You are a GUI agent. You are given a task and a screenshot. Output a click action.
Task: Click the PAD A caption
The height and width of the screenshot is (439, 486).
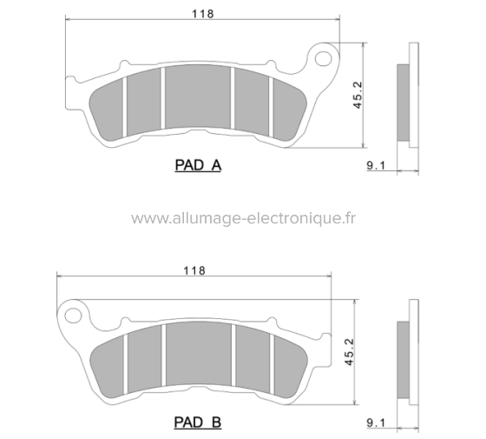coord(198,164)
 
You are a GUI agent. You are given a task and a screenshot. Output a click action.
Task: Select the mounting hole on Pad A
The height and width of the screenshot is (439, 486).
coord(325,59)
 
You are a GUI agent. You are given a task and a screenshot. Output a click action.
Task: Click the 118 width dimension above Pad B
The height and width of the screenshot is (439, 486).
coord(194,269)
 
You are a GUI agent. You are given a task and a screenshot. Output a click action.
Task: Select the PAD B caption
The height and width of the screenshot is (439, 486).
coord(198,422)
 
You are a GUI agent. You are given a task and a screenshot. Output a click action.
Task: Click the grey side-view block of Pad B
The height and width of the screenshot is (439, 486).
coord(404,356)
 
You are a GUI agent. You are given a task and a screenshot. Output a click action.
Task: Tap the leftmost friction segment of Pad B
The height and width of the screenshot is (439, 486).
coord(108,364)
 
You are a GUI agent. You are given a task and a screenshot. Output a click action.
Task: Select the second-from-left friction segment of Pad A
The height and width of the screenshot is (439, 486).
coord(144,103)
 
